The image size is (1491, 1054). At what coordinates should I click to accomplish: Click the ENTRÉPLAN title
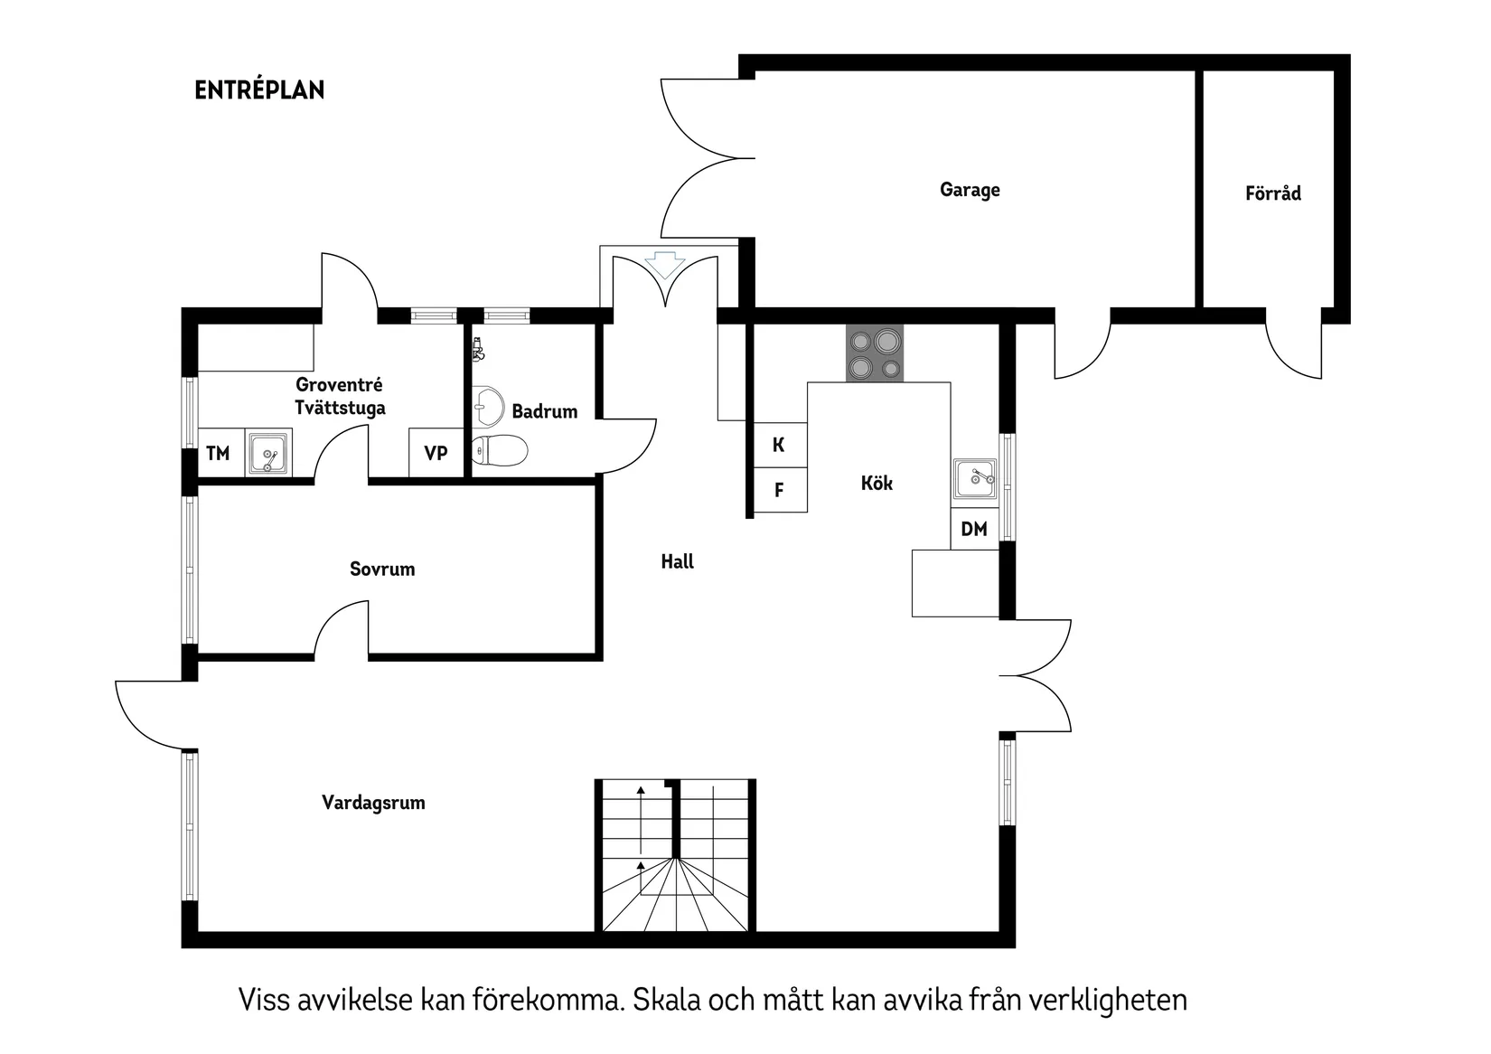[259, 90]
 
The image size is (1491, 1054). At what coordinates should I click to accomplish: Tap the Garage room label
[970, 190]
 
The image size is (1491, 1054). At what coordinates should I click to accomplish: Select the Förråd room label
[1272, 193]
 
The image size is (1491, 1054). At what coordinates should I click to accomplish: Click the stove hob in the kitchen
[874, 353]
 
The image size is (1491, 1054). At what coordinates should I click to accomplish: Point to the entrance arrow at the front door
[665, 265]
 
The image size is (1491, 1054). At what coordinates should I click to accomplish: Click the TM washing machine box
[218, 453]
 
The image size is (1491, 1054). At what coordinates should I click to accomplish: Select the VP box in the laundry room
[436, 453]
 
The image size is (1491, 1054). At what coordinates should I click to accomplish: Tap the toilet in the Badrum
[500, 449]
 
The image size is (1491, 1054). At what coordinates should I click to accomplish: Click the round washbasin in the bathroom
[489, 407]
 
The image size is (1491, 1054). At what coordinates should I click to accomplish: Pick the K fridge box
[779, 445]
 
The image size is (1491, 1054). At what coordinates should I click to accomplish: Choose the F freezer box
[779, 490]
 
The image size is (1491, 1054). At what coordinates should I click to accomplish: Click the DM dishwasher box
[974, 529]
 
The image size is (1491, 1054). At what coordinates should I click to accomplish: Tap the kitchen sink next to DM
[975, 478]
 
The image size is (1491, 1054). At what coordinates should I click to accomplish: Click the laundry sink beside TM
[267, 453]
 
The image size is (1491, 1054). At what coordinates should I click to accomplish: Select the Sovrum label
[382, 569]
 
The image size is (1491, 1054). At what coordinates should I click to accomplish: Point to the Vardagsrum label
[373, 803]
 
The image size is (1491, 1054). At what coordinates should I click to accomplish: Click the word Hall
[677, 562]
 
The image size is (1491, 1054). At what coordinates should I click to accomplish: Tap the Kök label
[877, 484]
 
